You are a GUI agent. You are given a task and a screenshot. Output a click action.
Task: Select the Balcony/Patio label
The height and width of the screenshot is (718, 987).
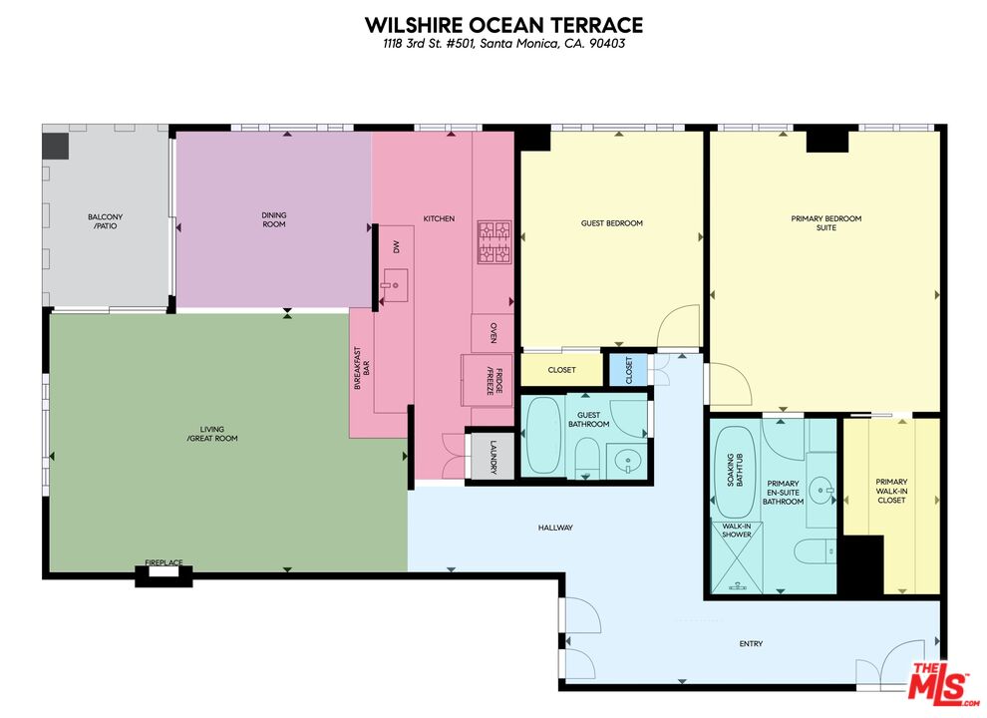[x=106, y=222]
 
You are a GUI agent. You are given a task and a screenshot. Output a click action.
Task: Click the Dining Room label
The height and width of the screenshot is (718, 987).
[x=273, y=219]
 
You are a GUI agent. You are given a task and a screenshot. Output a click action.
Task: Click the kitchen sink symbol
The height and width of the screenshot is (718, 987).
[x=395, y=285]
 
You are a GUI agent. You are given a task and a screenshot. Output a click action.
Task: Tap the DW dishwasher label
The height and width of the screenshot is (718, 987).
[x=396, y=246]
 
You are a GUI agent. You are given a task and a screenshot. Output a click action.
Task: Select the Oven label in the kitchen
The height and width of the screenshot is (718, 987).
[x=493, y=333]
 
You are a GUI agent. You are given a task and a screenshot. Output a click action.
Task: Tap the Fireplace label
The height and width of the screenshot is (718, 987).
[x=164, y=563]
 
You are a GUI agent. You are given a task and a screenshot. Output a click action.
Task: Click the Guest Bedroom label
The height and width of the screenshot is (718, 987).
[x=611, y=223]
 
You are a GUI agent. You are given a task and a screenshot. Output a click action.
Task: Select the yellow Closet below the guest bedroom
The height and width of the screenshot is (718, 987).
[x=561, y=370]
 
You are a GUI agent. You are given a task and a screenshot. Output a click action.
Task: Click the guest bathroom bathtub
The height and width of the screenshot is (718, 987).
[x=543, y=436]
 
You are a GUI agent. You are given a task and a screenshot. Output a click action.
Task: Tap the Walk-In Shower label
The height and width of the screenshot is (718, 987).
[x=736, y=531]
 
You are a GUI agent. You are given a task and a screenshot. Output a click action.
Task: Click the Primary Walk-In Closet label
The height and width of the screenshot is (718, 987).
[x=891, y=491]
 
